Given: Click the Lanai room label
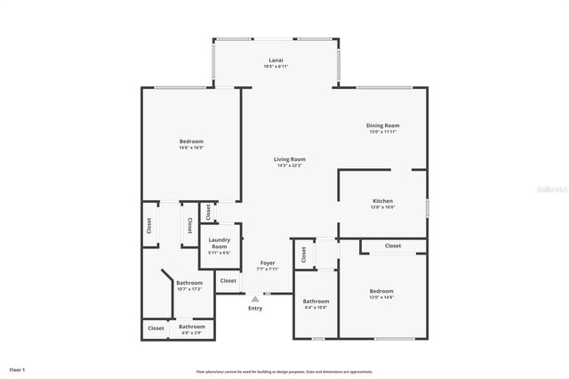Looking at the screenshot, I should [x=276, y=60].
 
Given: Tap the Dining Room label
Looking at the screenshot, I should [x=384, y=125].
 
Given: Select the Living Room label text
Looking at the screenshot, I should [x=290, y=159].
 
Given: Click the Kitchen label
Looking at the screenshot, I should [x=382, y=201].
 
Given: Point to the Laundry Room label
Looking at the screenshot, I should [x=219, y=243].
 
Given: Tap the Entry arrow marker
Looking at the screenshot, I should [x=255, y=299].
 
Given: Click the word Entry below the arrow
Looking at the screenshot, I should [x=255, y=308].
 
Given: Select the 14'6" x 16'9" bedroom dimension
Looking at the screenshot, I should [x=191, y=148].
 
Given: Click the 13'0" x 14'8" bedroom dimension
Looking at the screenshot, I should [x=381, y=296].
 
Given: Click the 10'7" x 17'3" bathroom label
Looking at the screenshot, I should [x=189, y=288].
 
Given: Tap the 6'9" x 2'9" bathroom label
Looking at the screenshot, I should [x=193, y=333].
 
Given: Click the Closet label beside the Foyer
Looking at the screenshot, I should [x=228, y=280].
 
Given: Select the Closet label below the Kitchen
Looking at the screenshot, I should [x=393, y=246].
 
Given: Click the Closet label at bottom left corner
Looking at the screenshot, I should [x=156, y=328].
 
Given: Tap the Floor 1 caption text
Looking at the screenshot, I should [x=17, y=368].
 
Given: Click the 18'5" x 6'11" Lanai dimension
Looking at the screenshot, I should [x=276, y=67].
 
